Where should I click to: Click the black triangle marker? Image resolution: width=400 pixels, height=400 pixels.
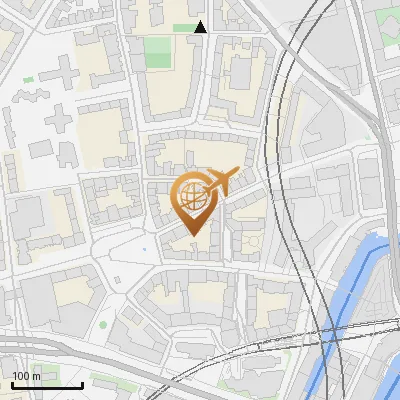click(x=200, y=27)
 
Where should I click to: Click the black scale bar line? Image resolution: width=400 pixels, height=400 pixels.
click(x=46, y=385)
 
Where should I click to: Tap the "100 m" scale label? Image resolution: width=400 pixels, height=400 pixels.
click(x=27, y=376)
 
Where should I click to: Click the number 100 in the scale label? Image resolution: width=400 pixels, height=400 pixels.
click(x=22, y=376)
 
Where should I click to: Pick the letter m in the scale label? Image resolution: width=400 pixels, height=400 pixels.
click(x=36, y=376)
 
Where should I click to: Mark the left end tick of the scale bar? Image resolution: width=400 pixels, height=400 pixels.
click(x=11, y=383)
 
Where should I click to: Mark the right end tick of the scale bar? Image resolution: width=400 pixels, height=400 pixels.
click(x=82, y=383)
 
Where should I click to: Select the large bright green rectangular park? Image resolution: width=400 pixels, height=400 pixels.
click(x=157, y=51)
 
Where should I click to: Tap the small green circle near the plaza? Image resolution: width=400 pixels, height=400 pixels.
click(x=103, y=325)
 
